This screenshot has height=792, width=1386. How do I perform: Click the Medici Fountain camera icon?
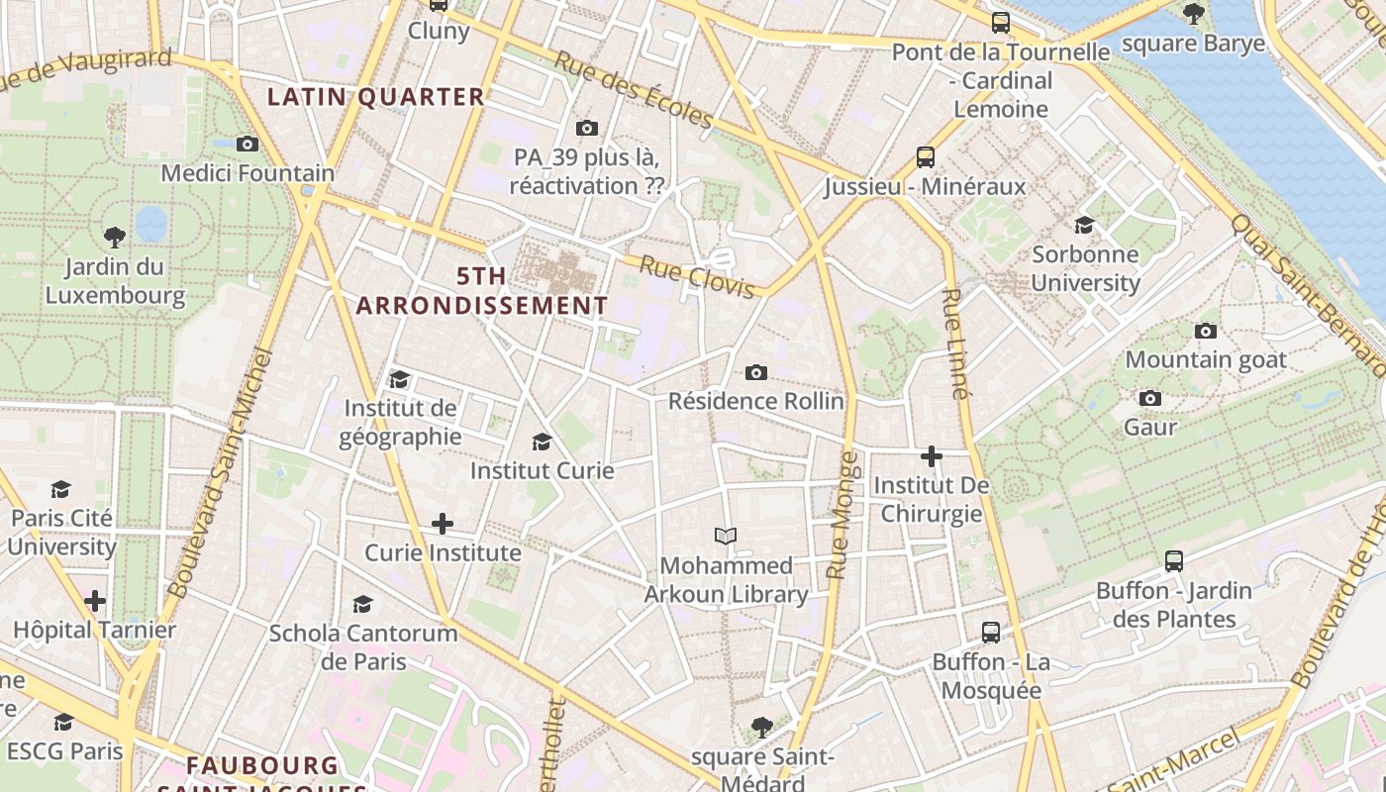(247, 145)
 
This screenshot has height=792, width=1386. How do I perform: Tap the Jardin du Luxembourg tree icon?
(115, 238)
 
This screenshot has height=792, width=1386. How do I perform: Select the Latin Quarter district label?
(376, 97)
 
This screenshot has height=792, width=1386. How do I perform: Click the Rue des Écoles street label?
(634, 90)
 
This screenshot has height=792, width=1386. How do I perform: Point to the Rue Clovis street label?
(697, 276)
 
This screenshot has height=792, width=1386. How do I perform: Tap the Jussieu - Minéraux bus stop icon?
(926, 157)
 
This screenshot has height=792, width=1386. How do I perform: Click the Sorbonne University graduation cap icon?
(1084, 225)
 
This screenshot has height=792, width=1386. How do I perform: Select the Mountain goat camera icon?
(1205, 331)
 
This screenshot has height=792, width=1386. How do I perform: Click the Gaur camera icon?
(1149, 398)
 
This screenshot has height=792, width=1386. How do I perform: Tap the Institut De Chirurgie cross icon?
(932, 456)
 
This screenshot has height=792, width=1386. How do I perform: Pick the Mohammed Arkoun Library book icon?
(726, 537)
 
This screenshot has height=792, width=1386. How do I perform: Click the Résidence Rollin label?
(755, 401)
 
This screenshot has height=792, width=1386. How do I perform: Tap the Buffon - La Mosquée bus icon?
(991, 633)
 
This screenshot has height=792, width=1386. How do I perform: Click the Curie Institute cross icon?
(443, 524)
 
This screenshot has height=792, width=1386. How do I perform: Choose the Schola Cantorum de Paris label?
(363, 646)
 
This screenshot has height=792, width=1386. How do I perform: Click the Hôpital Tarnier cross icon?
(95, 601)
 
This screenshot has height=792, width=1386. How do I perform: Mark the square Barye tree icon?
(1194, 14)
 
